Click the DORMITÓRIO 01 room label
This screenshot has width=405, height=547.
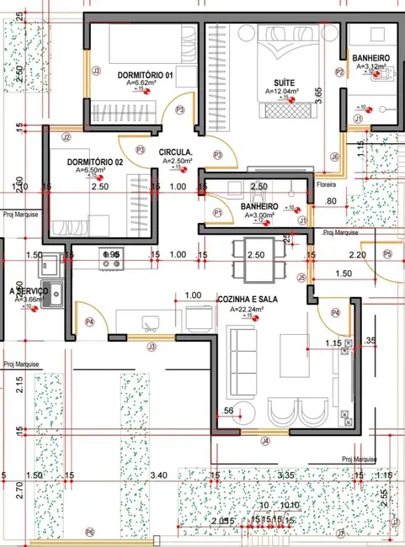tap(145, 75)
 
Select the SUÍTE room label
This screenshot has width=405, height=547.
tap(277, 82)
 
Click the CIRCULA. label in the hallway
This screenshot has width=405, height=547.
tap(178, 152)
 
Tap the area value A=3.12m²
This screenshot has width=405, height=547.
tap(370, 66)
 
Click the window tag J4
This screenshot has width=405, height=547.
tap(264, 440)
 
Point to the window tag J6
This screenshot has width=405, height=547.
tap(334, 157)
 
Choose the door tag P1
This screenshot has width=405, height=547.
tap(217, 213)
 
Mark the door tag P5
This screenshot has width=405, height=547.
tap(387, 253)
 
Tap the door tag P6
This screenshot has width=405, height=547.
tap(90, 533)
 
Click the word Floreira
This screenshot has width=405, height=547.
tap(326, 183)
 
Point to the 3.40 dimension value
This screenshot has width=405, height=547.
tap(157, 476)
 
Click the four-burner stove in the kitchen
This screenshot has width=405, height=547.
tap(110, 258)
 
